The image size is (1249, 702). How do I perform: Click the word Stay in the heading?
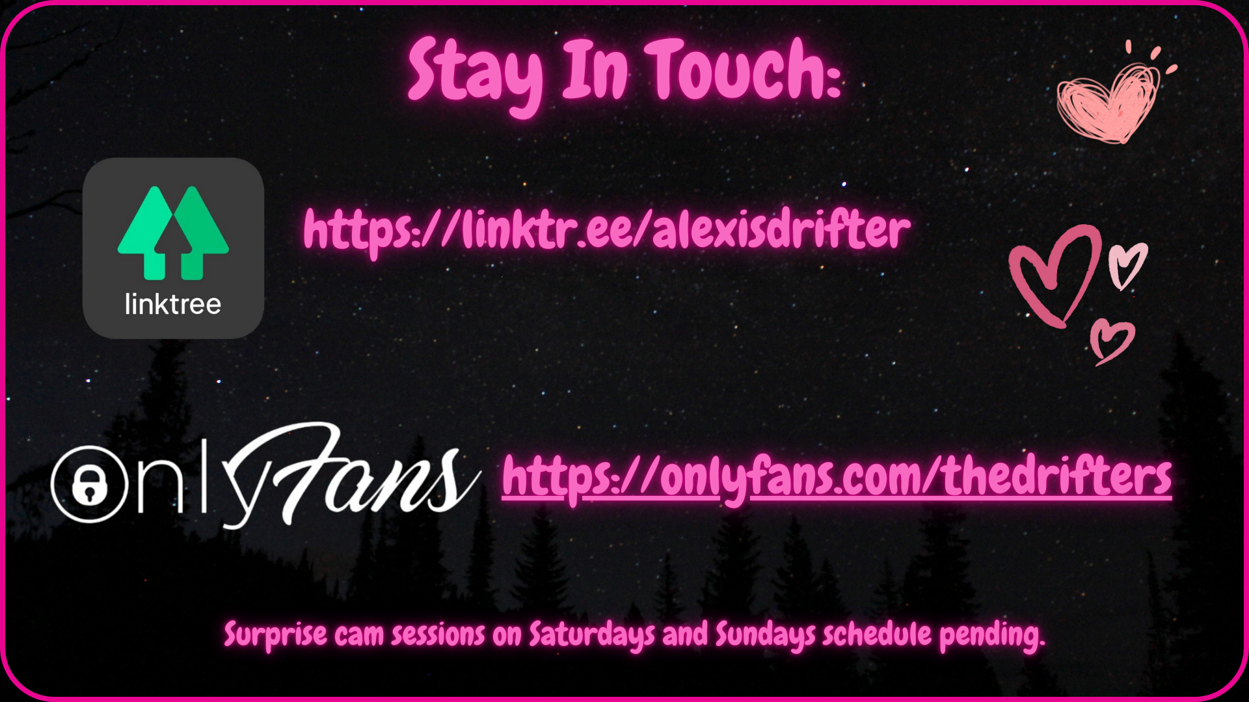click(x=476, y=74)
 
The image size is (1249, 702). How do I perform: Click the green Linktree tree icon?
click(x=173, y=233)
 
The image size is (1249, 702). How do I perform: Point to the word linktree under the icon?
click(x=173, y=304)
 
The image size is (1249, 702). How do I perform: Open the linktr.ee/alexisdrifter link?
click(x=607, y=231)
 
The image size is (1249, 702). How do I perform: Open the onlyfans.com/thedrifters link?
click(x=837, y=478)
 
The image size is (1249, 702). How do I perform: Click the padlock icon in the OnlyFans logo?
click(x=89, y=484)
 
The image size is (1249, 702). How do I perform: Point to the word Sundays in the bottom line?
click(x=766, y=635)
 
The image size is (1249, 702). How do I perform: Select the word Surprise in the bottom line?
click(x=276, y=635)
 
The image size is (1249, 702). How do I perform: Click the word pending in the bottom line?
click(x=992, y=635)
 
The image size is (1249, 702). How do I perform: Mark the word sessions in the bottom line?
click(x=438, y=636)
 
